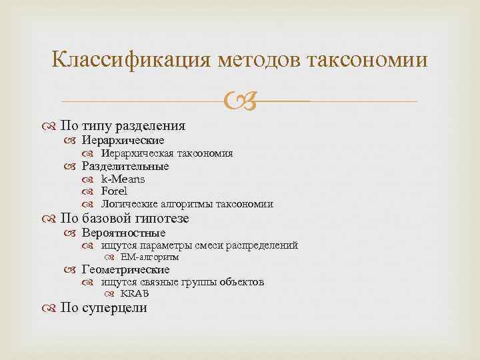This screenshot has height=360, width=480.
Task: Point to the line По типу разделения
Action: (123, 125)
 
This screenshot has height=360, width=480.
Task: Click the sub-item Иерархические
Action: (123, 141)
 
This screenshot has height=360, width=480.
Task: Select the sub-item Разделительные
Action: (125, 166)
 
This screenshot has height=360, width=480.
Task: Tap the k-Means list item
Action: (123, 179)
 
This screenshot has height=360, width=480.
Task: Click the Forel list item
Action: (114, 191)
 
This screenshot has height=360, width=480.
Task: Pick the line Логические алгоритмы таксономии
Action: (187, 204)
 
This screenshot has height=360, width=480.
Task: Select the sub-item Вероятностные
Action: (123, 233)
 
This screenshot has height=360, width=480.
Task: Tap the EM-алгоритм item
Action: (149, 257)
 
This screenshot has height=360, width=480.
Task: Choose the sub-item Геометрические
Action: (125, 269)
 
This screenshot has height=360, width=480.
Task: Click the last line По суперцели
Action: (103, 307)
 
